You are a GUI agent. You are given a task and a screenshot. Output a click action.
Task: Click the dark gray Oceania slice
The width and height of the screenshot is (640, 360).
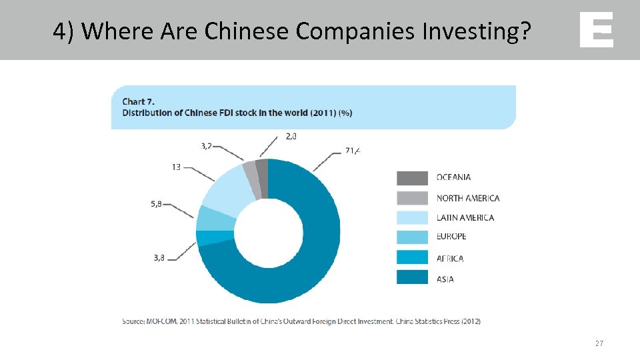(262, 178)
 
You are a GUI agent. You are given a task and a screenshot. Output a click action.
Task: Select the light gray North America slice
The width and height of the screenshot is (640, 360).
(251, 180)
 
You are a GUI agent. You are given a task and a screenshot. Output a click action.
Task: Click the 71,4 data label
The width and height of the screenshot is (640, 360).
(353, 151)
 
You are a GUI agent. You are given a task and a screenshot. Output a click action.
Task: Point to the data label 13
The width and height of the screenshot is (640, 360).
(176, 167)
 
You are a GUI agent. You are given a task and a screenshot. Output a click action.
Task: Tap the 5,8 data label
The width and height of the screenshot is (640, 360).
(155, 204)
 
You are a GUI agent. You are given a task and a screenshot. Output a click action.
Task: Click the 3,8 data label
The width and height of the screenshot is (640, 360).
(158, 257)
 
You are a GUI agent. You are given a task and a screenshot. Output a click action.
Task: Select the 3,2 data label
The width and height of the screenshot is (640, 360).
(207, 146)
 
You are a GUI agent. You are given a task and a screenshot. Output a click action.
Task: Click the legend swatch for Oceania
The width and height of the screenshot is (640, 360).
(412, 178)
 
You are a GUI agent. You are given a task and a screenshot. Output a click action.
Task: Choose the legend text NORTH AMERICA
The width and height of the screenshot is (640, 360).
(467, 198)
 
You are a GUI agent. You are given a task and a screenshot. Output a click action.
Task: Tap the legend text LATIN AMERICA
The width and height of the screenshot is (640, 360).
(465, 217)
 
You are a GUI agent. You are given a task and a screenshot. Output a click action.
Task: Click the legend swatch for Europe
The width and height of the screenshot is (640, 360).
(412, 237)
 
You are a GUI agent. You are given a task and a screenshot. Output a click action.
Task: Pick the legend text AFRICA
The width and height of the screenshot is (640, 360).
(450, 259)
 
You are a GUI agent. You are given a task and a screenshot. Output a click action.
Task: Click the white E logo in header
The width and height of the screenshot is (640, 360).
(596, 30)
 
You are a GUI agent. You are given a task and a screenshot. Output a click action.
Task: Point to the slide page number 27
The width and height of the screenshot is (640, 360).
(599, 343)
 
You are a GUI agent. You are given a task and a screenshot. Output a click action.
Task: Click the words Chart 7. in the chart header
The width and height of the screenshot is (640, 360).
(138, 101)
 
